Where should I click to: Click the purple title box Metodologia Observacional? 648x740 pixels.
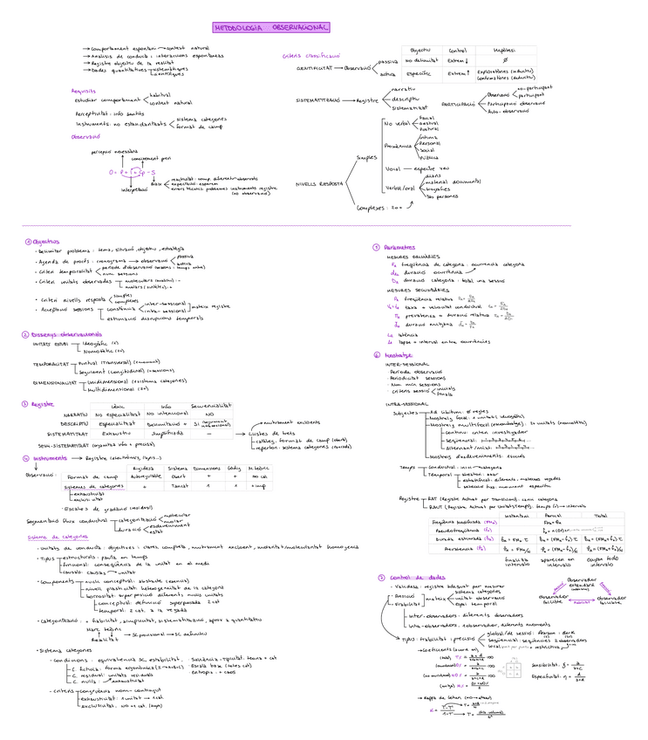click(x=271, y=28)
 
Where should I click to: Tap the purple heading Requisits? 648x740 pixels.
click(x=84, y=90)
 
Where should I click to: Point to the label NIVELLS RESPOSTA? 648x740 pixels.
click(x=318, y=184)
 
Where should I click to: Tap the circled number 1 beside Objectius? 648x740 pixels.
click(x=27, y=242)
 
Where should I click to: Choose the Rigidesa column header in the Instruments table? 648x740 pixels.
click(x=143, y=468)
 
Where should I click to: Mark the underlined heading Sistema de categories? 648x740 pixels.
click(x=58, y=537)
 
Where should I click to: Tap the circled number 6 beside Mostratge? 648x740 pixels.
click(x=375, y=355)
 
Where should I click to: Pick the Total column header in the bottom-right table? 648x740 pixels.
click(x=600, y=517)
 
